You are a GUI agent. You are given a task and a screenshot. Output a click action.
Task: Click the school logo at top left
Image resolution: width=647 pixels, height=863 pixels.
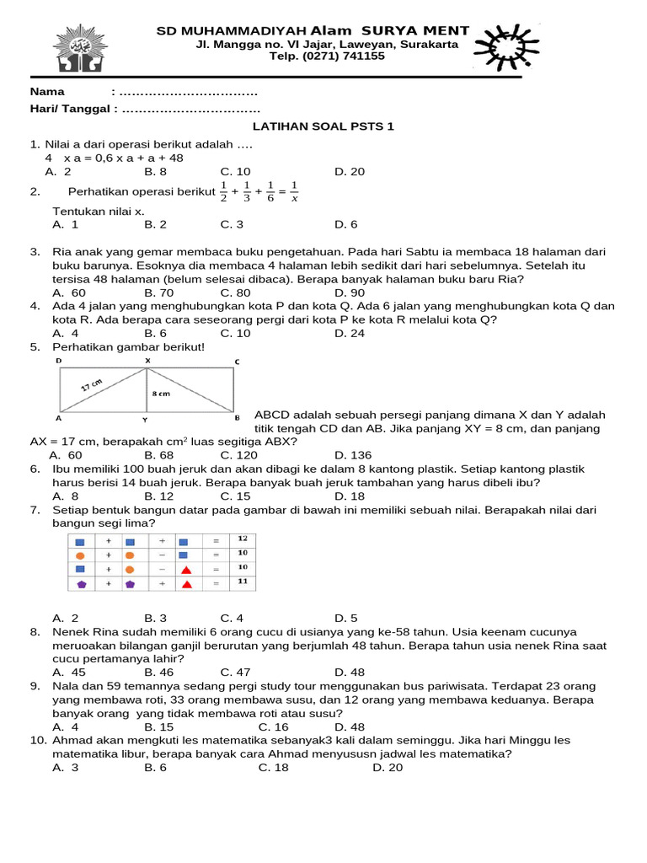click(x=81, y=49)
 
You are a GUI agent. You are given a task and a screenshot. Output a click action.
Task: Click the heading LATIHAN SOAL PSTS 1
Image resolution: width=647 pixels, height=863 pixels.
click(x=323, y=126)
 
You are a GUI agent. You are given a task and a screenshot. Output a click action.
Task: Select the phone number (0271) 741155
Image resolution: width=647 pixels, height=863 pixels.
click(x=327, y=56)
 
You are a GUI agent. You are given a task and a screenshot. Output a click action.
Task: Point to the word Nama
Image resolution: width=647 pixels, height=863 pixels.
click(x=47, y=91)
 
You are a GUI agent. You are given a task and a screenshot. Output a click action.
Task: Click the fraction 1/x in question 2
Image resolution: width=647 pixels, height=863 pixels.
click(x=294, y=192)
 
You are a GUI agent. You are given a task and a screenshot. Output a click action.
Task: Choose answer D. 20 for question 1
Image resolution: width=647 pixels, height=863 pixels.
click(x=350, y=172)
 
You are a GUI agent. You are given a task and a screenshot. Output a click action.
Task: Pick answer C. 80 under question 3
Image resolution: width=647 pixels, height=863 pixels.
click(x=236, y=292)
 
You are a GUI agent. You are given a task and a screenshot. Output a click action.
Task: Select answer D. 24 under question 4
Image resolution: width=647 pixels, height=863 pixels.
click(x=350, y=333)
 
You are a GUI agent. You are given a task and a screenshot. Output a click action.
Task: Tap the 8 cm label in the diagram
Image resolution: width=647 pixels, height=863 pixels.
click(x=162, y=394)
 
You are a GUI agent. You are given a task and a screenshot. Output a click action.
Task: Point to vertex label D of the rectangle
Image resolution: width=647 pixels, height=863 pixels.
click(x=59, y=361)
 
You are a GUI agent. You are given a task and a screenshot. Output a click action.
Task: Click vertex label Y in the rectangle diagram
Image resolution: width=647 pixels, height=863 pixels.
click(x=147, y=419)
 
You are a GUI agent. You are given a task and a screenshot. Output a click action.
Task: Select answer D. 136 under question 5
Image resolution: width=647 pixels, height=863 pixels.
click(x=352, y=455)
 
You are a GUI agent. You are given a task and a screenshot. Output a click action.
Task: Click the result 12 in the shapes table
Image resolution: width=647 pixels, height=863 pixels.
click(x=242, y=539)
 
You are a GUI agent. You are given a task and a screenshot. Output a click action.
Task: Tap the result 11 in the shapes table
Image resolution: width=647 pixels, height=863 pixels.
click(x=242, y=582)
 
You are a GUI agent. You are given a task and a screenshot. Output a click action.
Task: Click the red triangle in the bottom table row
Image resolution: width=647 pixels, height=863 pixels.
click(x=186, y=584)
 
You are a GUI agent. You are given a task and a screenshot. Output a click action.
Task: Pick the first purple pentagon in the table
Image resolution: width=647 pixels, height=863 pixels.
click(x=81, y=584)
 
